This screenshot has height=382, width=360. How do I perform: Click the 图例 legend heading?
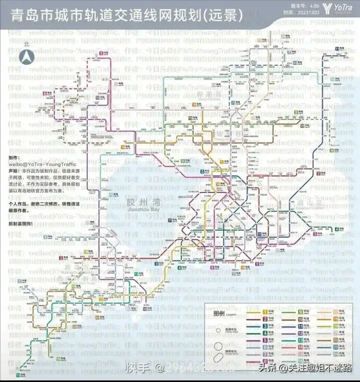[x=219, y=313]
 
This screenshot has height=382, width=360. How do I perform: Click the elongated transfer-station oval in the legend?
[x=218, y=356]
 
